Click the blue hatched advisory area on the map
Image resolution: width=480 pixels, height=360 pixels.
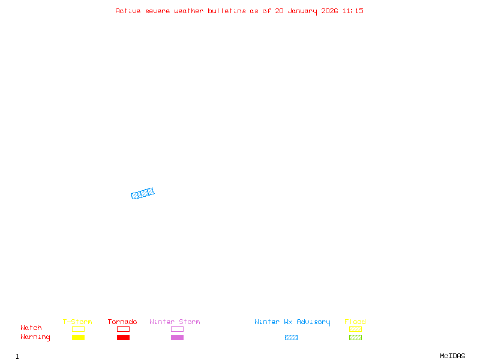pyautogui.click(x=143, y=193)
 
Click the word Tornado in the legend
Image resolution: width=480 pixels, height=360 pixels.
pyautogui.click(x=122, y=322)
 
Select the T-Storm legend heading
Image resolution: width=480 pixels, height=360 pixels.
pyautogui.click(x=77, y=322)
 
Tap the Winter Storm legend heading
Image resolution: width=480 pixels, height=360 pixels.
pyautogui.click(x=175, y=322)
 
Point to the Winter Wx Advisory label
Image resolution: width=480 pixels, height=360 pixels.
pyautogui.click(x=292, y=322)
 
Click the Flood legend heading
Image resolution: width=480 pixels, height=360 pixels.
pyautogui.click(x=355, y=322)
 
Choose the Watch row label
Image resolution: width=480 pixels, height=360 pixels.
pyautogui.click(x=31, y=328)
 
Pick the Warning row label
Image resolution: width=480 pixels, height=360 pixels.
pyautogui.click(x=35, y=337)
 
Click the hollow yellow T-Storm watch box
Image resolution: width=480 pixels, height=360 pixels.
pyautogui.click(x=79, y=329)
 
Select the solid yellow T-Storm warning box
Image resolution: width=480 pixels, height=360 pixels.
pyautogui.click(x=79, y=337)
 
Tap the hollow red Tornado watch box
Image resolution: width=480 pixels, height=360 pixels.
pyautogui.click(x=124, y=329)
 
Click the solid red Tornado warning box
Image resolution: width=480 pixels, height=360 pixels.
pyautogui.click(x=124, y=337)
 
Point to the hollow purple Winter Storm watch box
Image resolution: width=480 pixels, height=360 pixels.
pyautogui.click(x=177, y=329)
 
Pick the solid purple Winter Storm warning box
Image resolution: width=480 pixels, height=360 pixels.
pyautogui.click(x=177, y=337)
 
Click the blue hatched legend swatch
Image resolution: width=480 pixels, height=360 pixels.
pyautogui.click(x=291, y=337)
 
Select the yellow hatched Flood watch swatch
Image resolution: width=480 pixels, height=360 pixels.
pyautogui.click(x=355, y=329)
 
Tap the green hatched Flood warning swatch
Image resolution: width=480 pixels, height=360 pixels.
pyautogui.click(x=355, y=337)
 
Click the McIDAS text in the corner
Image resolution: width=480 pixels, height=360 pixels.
pyautogui.click(x=452, y=356)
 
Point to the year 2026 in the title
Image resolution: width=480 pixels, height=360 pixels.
pyautogui.click(x=329, y=11)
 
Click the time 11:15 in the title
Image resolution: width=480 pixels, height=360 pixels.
pyautogui.click(x=353, y=11)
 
